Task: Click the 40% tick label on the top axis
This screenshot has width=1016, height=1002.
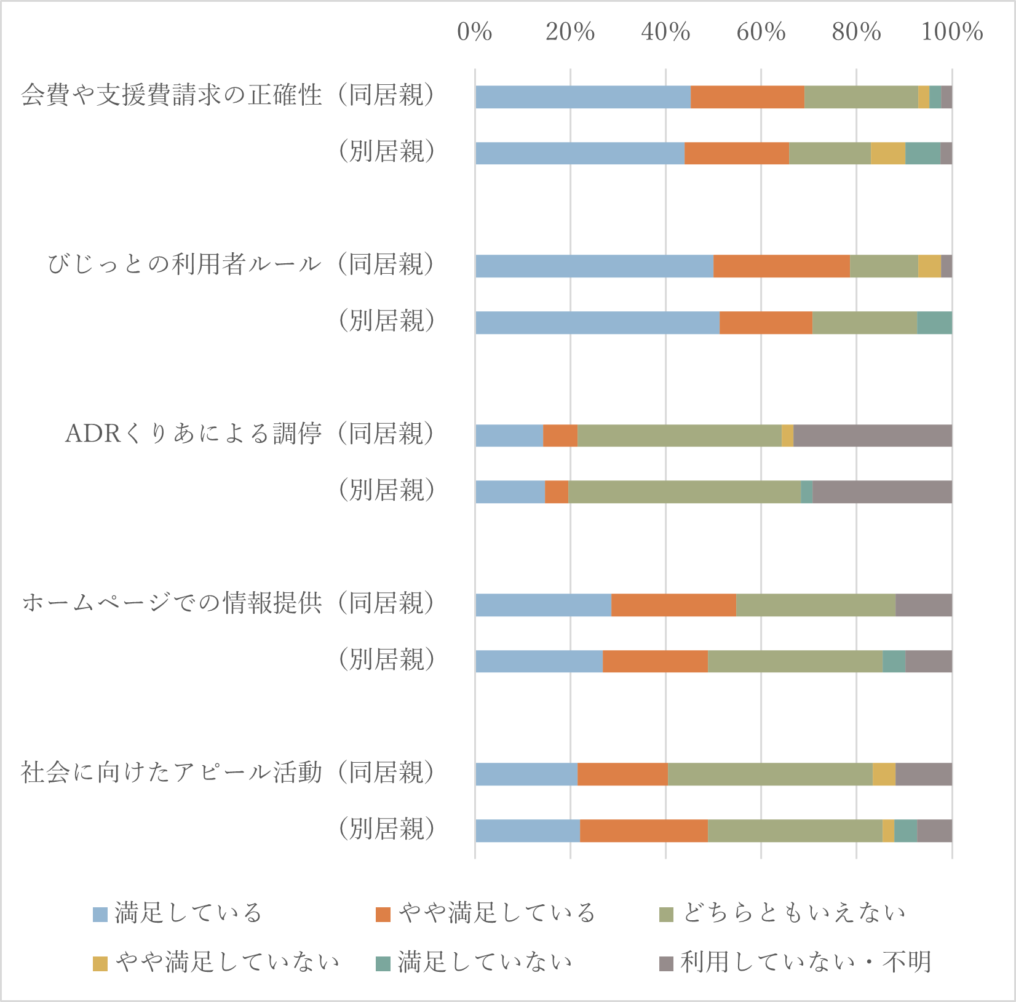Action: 665,32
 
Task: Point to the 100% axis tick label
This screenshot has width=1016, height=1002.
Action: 951,32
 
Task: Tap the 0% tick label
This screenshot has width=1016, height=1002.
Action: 474,32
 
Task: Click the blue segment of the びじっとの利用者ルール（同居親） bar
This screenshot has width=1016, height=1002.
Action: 594,266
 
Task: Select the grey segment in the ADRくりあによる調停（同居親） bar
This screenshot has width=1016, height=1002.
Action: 872,435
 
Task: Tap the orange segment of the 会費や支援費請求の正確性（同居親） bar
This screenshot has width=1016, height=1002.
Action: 747,97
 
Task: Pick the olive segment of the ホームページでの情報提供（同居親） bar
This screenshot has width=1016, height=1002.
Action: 816,605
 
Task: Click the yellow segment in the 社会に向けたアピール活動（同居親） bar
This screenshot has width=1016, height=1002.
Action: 884,774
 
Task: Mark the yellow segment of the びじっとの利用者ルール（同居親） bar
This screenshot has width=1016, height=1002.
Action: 929,266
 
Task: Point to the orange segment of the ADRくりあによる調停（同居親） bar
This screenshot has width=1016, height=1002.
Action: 560,435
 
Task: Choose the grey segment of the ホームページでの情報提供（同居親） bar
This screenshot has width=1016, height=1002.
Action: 924,605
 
